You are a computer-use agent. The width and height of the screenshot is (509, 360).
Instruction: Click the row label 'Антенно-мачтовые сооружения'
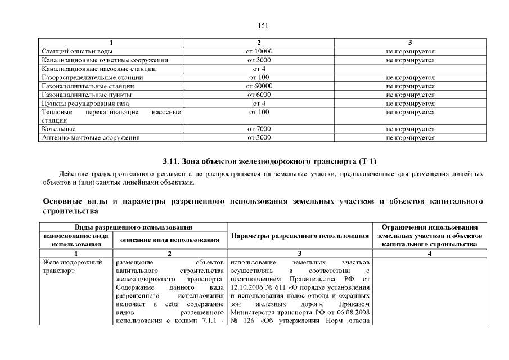point(91,137)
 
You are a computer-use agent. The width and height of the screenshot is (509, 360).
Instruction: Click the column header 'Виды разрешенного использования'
point(133,226)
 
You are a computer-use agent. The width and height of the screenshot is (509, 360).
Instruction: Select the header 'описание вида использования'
point(169,240)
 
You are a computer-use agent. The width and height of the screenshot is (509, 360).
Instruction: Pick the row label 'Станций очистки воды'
point(76,51)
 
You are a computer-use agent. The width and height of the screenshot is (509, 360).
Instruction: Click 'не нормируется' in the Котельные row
point(410,129)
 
